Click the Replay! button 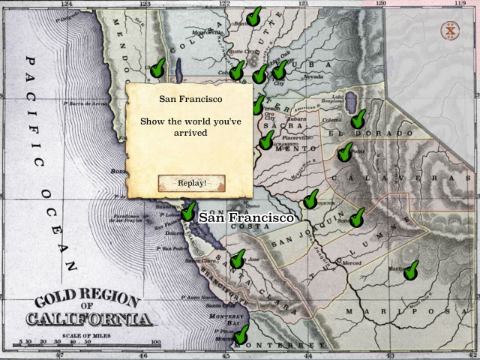191,183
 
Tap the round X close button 449,31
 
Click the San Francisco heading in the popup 191,99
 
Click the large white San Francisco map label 245,217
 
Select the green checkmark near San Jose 238,259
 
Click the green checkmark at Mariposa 411,270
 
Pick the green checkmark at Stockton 310,199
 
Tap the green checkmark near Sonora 357,217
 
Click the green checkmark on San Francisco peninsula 188,211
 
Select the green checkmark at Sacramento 266,139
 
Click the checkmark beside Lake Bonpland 358,118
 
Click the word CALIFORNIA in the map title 89,319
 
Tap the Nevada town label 313,76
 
